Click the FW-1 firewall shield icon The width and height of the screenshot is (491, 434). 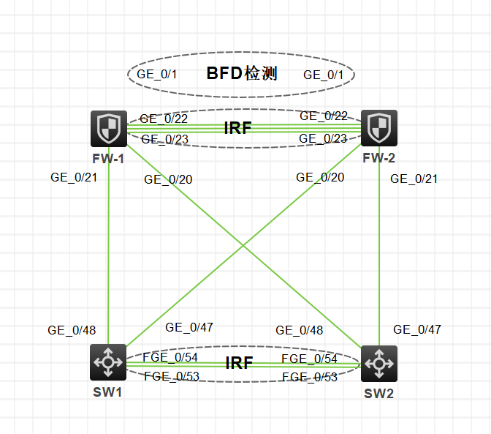[108, 128]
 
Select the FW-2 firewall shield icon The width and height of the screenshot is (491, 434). [378, 128]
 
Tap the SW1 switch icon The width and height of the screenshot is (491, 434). [108, 362]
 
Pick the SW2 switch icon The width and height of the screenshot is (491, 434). [378, 363]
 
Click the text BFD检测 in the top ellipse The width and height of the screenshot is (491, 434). [242, 73]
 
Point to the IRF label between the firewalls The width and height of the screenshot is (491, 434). [237, 128]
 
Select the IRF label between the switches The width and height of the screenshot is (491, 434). [240, 363]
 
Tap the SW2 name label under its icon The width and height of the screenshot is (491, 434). [379, 394]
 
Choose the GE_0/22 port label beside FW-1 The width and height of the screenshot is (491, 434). [164, 119]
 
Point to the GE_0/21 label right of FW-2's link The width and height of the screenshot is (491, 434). [414, 179]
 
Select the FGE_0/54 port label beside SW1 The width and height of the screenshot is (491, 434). [170, 357]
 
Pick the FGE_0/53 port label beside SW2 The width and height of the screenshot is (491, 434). [310, 377]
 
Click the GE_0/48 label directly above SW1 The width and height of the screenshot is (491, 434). [72, 330]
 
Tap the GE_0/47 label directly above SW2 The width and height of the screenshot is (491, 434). [417, 330]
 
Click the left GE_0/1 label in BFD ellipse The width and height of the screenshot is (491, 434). [157, 74]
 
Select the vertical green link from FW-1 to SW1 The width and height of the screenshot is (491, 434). [108, 249]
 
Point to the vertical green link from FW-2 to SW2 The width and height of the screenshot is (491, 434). [379, 249]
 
